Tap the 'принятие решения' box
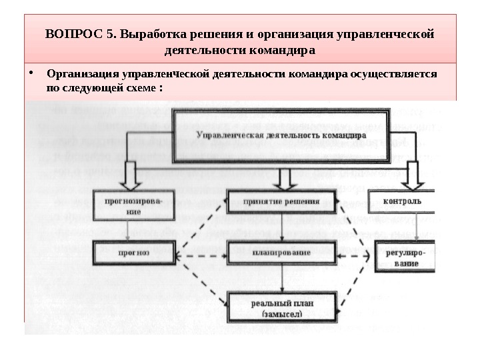[282, 201]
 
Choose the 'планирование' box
[282, 254]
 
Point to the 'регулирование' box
[406, 257]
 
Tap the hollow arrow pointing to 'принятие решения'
[285, 178]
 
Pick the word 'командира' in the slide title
[279, 50]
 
